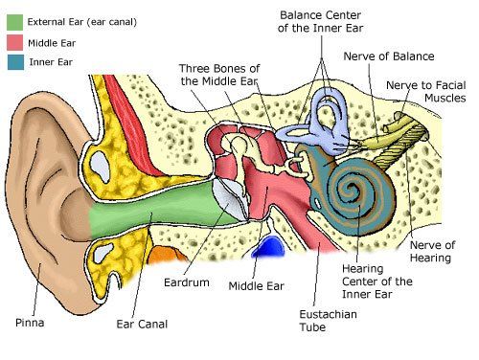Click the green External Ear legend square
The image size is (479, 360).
(14, 22)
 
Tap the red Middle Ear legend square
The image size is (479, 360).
(14, 42)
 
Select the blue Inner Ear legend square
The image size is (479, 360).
(15, 62)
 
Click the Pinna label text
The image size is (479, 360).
(30, 323)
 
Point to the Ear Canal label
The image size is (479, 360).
(142, 325)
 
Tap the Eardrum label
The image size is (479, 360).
(187, 282)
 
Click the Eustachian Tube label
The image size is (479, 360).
(328, 321)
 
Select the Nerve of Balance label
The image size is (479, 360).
(389, 56)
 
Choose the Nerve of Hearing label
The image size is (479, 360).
(432, 252)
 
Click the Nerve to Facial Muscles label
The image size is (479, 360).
(426, 92)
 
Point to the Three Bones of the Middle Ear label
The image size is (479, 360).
(219, 75)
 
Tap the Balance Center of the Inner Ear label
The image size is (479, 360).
(320, 21)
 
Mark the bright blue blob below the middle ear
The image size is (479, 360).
(269, 246)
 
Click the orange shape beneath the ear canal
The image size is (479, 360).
(166, 255)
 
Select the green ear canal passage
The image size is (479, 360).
(160, 208)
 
